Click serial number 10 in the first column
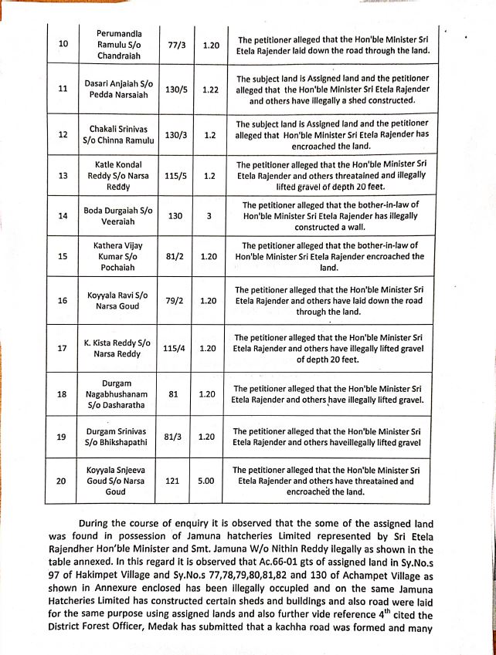(x=62, y=45)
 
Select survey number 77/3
(x=175, y=46)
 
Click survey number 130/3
(x=175, y=133)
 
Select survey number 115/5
(x=175, y=175)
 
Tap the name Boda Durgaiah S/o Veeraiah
(x=118, y=217)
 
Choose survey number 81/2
(x=175, y=256)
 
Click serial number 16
(x=62, y=300)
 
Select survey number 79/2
(x=175, y=300)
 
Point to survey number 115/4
(x=175, y=348)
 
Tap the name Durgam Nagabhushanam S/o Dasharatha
(x=118, y=394)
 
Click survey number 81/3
(x=175, y=437)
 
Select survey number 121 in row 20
(x=175, y=480)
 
